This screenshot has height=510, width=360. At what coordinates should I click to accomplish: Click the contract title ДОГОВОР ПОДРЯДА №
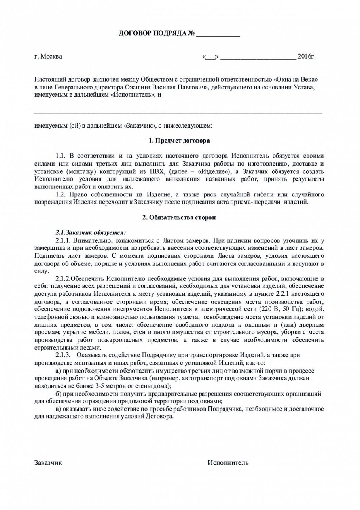coord(157,33)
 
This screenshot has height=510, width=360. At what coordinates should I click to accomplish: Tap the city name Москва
coord(51,56)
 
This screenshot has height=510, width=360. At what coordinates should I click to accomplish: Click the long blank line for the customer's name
coord(178,113)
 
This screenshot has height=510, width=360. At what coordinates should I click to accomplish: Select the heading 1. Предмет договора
coord(179,141)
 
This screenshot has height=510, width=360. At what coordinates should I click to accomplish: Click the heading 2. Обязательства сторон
coord(179,218)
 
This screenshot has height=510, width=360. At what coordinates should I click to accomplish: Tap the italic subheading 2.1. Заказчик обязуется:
coord(91,232)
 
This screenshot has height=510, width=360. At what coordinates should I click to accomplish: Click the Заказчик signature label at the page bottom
coord(48,462)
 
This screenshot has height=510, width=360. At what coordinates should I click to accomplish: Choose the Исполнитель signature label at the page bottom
coord(228,462)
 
